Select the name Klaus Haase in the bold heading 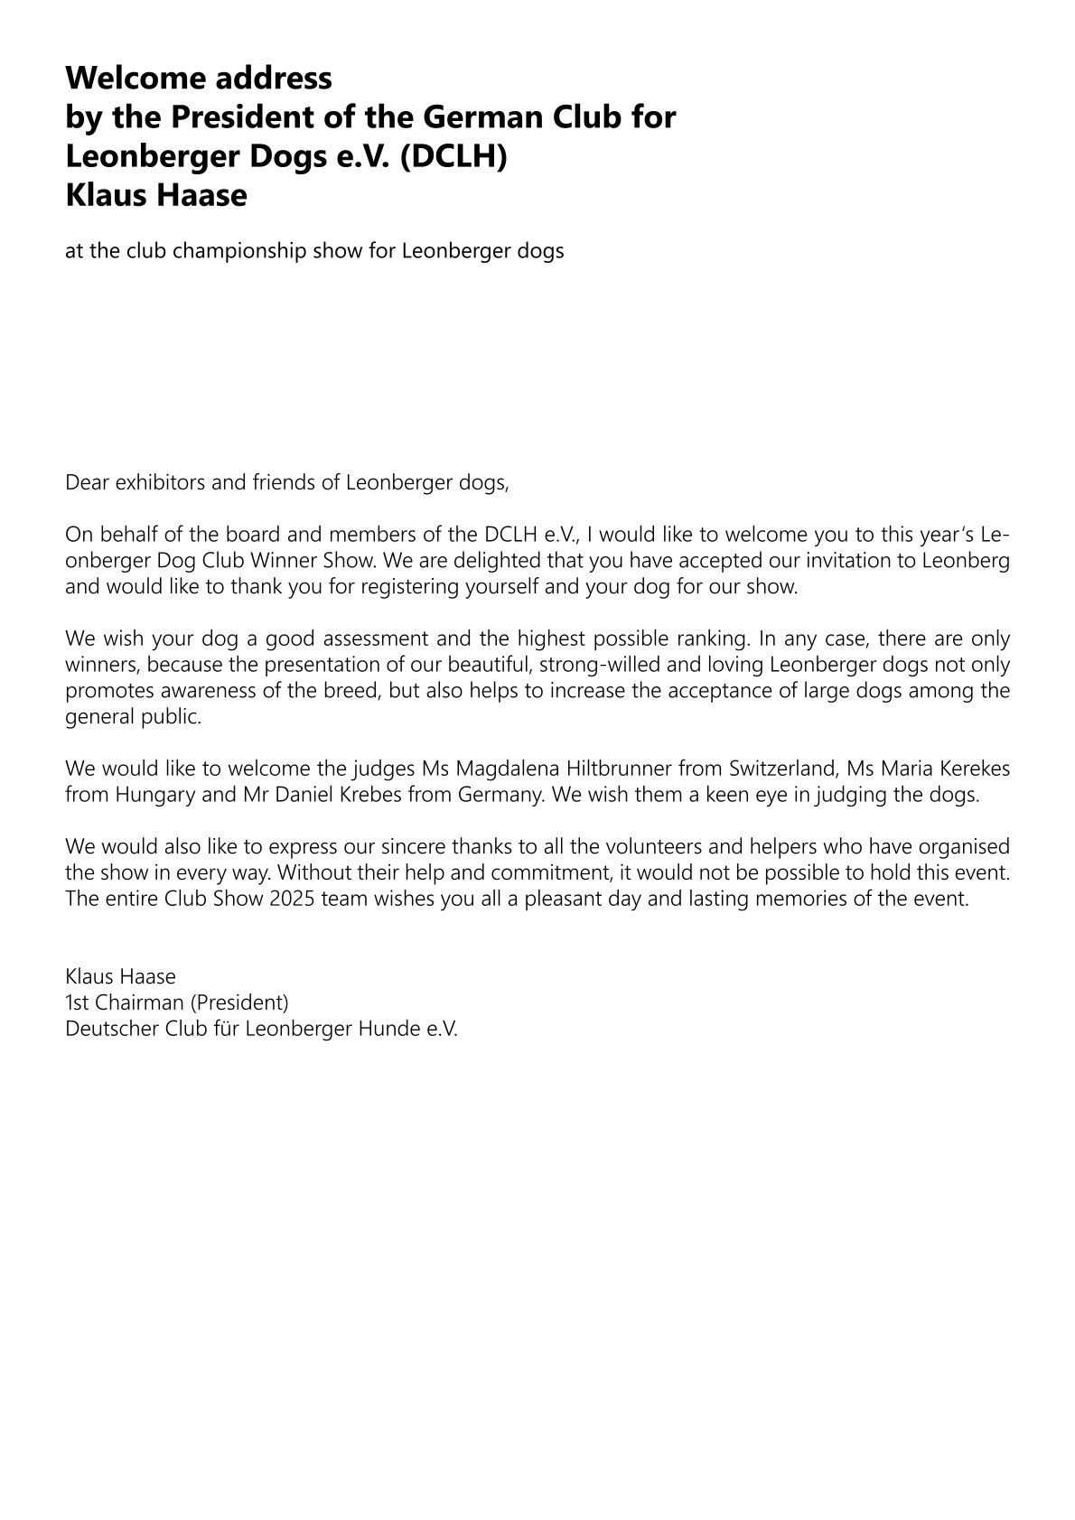click(x=155, y=195)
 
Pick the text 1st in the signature click(x=76, y=1002)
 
